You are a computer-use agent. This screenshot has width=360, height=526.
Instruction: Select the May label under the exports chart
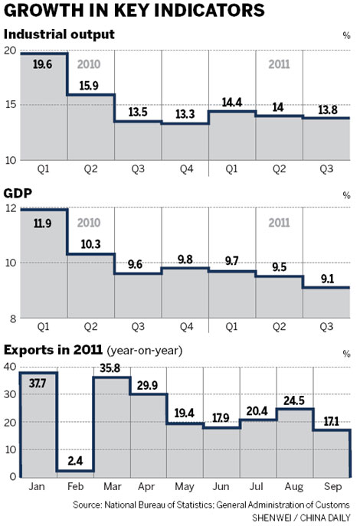click(x=184, y=488)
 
